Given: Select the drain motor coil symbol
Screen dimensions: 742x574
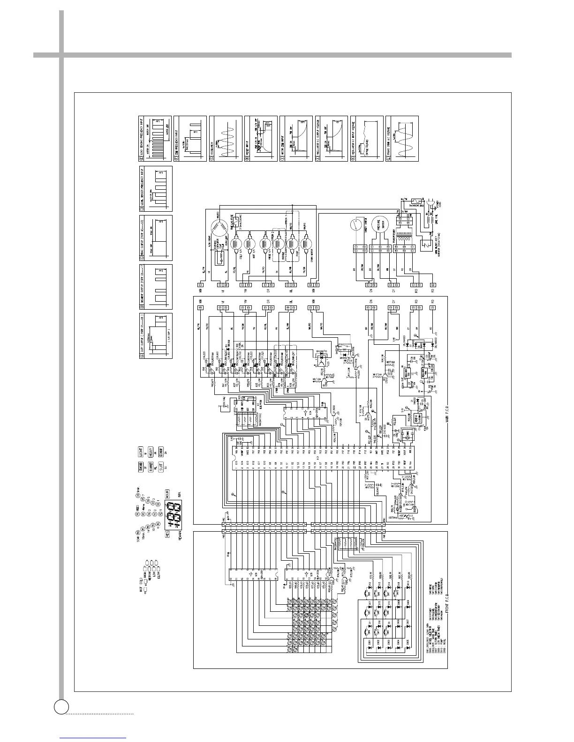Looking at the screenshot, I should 307,244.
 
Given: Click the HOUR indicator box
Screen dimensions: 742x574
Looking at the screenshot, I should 166,493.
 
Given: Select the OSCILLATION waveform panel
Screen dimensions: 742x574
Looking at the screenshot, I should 226,139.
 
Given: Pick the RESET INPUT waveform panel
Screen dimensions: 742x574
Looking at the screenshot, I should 261,139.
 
